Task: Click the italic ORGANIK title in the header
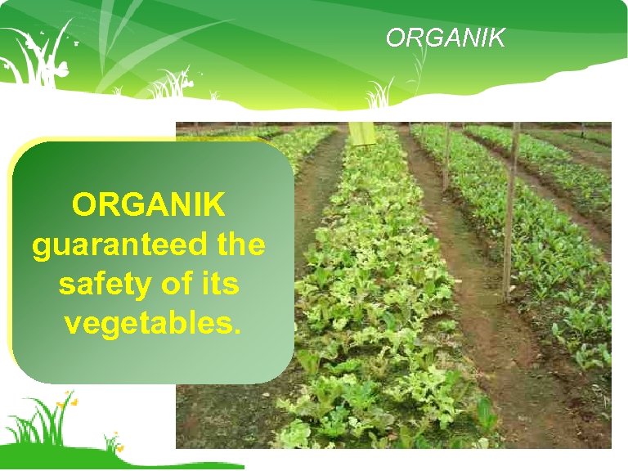tap(446, 38)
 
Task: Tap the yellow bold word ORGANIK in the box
tap(148, 205)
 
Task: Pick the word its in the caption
tap(218, 285)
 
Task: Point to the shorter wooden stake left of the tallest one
tap(446, 155)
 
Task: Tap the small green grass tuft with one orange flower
tap(114, 442)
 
